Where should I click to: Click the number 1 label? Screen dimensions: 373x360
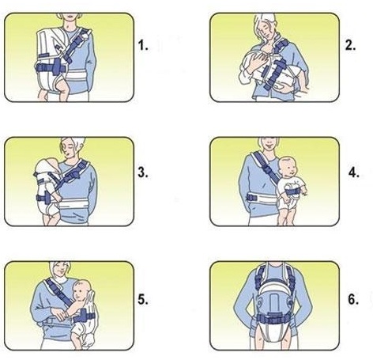pos(143,46)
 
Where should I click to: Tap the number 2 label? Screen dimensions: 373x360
pos(350,46)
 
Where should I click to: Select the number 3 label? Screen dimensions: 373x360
pos(143,172)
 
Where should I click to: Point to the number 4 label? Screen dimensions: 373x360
pos(354,172)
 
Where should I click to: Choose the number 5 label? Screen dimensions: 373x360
pos(143,300)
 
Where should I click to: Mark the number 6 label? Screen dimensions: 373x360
pos(353,300)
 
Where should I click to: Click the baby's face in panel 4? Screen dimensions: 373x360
pos(290,169)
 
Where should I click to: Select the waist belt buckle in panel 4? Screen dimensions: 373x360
pos(251,197)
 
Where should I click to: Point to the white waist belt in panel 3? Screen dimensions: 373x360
pos(72,203)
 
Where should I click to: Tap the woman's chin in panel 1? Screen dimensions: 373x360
pos(70,20)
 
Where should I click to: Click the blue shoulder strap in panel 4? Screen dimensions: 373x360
pos(266,165)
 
